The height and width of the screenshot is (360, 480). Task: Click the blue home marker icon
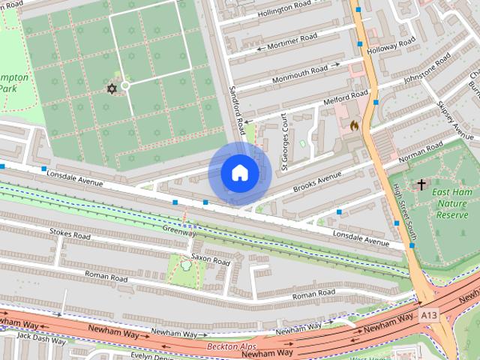238,173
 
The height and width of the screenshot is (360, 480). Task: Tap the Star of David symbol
112,89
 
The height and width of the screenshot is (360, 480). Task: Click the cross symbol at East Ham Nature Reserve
421,184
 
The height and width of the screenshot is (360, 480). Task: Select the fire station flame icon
354,126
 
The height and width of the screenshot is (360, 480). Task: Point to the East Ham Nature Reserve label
453,203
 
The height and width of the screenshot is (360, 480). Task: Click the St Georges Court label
284,141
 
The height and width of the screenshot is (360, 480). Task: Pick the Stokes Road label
70,235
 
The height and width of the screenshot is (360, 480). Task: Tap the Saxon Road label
210,261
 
